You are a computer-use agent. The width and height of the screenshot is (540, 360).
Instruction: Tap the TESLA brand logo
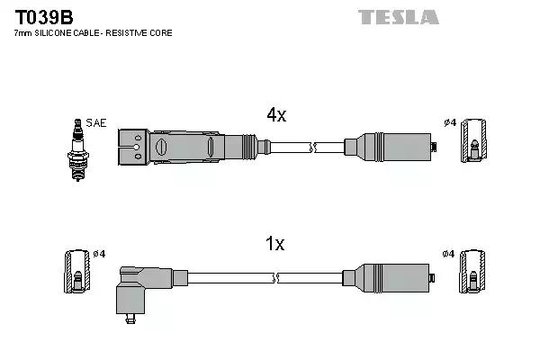click(399, 17)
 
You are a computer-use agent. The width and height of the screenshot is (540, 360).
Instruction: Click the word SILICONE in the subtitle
click(59, 33)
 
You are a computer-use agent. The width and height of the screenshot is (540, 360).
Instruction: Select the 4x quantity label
click(275, 114)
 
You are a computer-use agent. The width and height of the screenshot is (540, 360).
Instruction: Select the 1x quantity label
click(275, 243)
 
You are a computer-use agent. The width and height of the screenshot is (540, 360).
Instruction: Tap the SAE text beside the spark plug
click(94, 122)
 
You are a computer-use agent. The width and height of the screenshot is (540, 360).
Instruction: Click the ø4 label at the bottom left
click(99, 255)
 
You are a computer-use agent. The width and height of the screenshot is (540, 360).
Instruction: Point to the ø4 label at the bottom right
click(448, 255)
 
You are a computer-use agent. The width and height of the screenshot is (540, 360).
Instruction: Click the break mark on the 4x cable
click(311, 145)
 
